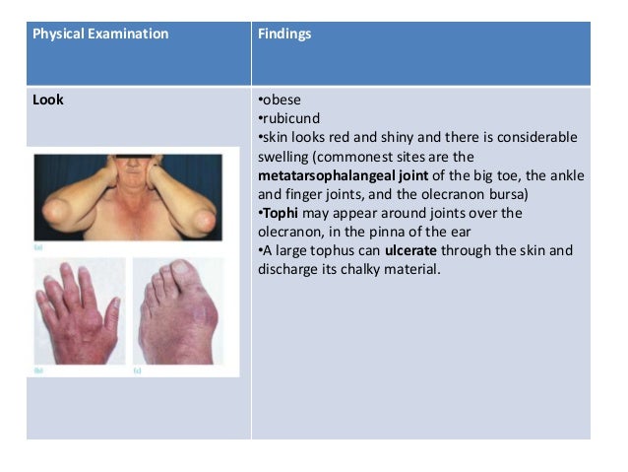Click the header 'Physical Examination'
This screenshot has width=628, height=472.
coord(100,34)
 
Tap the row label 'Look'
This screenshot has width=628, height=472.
coord(48,100)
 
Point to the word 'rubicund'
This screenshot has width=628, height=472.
coord(288,119)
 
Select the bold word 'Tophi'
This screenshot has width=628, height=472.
coord(280,213)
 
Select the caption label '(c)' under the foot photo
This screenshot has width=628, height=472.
coord(137,370)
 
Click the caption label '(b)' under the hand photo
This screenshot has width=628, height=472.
coord(38,370)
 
